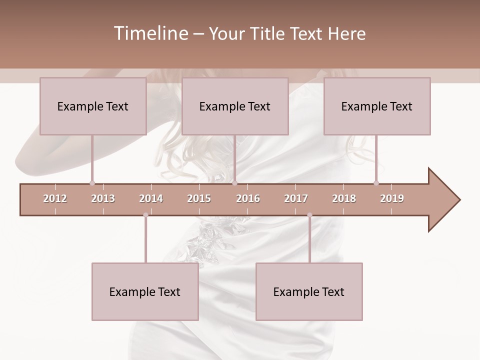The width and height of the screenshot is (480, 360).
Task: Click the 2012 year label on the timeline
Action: click(55, 198)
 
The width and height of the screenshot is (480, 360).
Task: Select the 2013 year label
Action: click(103, 198)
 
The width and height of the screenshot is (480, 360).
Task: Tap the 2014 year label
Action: click(151, 198)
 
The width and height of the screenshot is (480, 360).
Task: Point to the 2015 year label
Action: click(199, 198)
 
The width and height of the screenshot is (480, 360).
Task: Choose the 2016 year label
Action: click(248, 198)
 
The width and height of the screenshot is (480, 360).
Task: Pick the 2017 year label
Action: click(296, 198)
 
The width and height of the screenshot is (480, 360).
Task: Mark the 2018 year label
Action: click(344, 198)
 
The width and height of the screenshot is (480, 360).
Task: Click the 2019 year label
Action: click(392, 198)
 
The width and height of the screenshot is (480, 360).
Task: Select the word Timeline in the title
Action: click(149, 33)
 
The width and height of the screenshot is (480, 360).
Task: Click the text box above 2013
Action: click(93, 106)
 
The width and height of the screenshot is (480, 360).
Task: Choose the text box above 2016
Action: click(235, 106)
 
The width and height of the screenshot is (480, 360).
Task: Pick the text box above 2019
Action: click(377, 106)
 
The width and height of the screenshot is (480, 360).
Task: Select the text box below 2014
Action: click(145, 291)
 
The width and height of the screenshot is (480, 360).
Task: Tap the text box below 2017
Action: click(309, 291)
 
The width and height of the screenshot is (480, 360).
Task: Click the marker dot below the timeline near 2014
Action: click(145, 215)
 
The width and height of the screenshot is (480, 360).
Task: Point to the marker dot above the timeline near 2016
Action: click(235, 183)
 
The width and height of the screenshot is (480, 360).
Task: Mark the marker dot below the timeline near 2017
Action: click(309, 215)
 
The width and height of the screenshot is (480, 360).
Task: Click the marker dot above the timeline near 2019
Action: click(376, 183)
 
